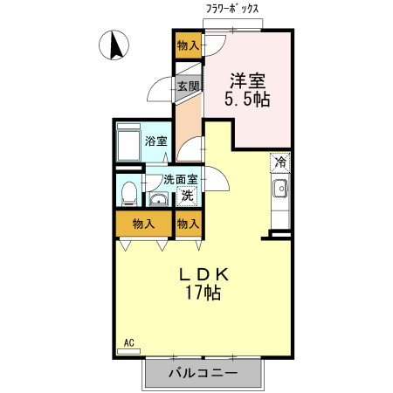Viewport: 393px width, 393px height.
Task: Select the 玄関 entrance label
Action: (x=189, y=86)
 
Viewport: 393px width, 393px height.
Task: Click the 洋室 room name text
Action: (x=248, y=80)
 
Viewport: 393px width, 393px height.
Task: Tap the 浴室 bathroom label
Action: (x=156, y=141)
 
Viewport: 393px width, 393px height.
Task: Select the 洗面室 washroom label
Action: (x=179, y=180)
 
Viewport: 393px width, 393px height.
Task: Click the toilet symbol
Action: (x=128, y=190)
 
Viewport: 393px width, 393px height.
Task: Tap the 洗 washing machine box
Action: (x=187, y=196)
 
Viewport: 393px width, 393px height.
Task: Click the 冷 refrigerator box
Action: (x=280, y=162)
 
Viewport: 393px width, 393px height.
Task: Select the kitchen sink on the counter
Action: (x=280, y=189)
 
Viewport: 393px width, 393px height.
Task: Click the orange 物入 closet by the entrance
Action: (x=188, y=45)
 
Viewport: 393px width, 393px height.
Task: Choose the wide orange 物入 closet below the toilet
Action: (x=143, y=224)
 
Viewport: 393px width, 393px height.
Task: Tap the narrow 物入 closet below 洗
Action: (x=188, y=224)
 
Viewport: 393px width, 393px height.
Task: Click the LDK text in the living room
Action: (x=203, y=272)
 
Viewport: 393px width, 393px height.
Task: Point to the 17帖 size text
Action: (x=203, y=293)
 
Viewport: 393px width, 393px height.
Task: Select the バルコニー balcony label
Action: (x=203, y=373)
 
